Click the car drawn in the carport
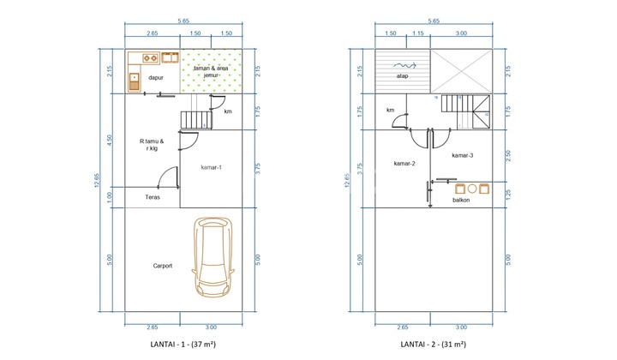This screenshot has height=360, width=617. click(x=213, y=258)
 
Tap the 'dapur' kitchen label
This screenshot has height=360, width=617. click(x=156, y=77)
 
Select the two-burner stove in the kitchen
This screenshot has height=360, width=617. click(x=150, y=58)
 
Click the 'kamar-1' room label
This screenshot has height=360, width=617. click(x=212, y=167)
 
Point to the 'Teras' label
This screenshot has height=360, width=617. click(x=153, y=197)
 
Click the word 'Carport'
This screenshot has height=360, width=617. click(x=163, y=266)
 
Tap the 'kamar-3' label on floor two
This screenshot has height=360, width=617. click(x=463, y=155)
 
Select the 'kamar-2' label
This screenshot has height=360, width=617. click(x=404, y=163)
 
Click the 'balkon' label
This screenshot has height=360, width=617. click(x=461, y=200)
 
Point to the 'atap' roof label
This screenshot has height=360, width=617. click(x=402, y=76)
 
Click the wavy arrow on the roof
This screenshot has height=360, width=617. click(x=404, y=65)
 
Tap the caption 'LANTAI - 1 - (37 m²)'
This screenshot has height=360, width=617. click(x=183, y=344)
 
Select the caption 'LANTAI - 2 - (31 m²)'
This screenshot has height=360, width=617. click(x=434, y=344)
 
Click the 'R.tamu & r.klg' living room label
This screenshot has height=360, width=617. click(x=152, y=145)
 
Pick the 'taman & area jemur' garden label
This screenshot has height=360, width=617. click(x=211, y=72)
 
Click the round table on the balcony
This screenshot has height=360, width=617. click(x=472, y=189)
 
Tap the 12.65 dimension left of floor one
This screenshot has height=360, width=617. click(x=97, y=180)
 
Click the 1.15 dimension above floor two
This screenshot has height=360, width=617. click(x=418, y=33)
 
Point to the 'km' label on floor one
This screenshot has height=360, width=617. click(x=228, y=111)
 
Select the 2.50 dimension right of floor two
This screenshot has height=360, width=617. click(x=507, y=155)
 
